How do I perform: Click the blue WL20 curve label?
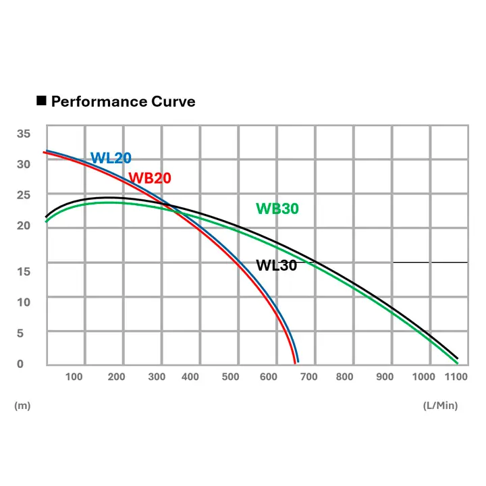click(x=111, y=159)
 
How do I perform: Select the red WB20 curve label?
click(x=150, y=178)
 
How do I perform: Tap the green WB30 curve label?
click(x=277, y=209)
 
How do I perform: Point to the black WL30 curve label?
click(x=276, y=265)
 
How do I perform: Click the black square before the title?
click(x=40, y=101)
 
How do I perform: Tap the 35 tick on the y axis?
click(x=24, y=134)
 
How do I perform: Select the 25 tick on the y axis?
click(x=24, y=195)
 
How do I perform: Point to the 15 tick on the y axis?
click(x=24, y=271)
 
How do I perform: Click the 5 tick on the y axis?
click(x=20, y=333)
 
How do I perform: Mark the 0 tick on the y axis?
click(x=20, y=364)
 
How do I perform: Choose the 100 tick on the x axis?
click(x=75, y=377)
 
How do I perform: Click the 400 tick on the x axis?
click(x=190, y=377)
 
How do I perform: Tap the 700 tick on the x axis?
click(x=308, y=377)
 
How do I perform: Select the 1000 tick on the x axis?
click(x=424, y=377)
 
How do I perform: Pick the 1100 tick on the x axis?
click(x=457, y=377)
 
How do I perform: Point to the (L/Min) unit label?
click(x=440, y=406)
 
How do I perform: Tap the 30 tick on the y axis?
click(x=24, y=164)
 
